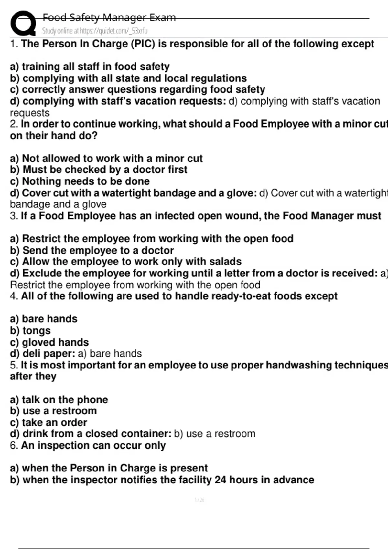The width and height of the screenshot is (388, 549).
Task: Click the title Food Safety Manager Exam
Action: (x=109, y=17)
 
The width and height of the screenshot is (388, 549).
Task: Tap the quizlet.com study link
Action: (x=95, y=31)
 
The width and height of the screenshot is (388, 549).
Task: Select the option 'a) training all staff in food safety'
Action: (x=90, y=67)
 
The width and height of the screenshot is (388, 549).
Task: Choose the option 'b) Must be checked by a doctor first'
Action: (x=99, y=170)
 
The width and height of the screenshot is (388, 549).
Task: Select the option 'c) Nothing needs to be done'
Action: (x=80, y=181)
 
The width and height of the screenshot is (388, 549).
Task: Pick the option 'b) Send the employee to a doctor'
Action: (x=92, y=250)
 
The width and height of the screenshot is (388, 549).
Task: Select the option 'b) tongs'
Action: (x=30, y=331)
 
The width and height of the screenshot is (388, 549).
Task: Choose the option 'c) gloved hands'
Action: (x=49, y=342)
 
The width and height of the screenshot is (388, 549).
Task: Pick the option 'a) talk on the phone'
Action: (x=59, y=400)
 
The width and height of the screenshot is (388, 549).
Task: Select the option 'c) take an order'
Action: (x=48, y=422)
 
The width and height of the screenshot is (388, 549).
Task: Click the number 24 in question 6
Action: (x=220, y=480)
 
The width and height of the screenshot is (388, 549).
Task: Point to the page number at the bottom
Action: (x=199, y=500)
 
